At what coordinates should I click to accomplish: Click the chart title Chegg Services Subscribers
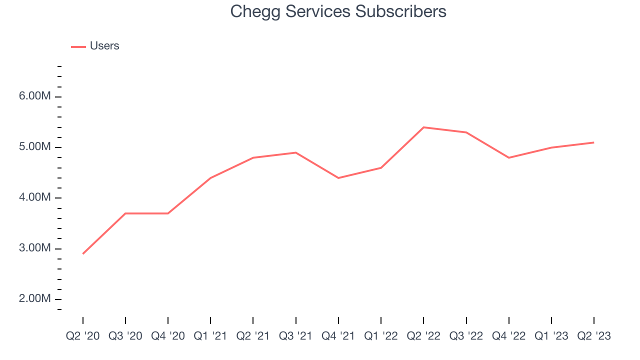coord(338,11)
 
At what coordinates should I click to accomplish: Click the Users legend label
coord(104,46)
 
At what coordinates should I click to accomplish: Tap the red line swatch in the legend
coord(78,46)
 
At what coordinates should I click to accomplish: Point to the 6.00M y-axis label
coord(35,96)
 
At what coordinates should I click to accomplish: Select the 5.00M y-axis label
coord(35,147)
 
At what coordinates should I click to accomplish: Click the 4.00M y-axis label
coord(35,197)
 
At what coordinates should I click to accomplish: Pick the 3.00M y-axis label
coord(35,248)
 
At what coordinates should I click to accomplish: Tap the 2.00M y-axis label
coord(35,299)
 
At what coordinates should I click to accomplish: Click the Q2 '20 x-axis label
coord(83,336)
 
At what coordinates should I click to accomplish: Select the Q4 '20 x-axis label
coord(168,336)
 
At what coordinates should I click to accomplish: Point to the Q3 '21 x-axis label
coord(296,336)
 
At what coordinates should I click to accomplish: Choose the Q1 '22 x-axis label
coord(381,336)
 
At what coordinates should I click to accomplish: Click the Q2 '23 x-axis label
coord(594,336)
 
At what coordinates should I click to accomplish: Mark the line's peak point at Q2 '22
coord(423,127)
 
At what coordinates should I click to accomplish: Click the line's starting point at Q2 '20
coord(83,253)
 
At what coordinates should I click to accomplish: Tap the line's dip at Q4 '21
coord(338,178)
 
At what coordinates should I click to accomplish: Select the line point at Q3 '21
coord(296,152)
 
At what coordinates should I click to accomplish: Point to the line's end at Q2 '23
coord(593,142)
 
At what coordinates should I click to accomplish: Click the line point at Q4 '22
coord(509,157)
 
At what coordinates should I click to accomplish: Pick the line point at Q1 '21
coord(210,178)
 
